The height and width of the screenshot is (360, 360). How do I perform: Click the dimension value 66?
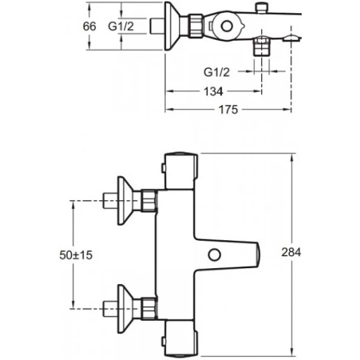(89, 26)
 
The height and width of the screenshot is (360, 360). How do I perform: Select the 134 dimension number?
(214, 91)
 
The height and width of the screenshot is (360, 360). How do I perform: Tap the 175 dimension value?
(228, 110)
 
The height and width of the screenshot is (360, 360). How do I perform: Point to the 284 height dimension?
(291, 252)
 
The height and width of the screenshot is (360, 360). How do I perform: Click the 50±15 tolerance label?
(76, 255)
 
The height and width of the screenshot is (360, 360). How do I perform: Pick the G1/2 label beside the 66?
(121, 26)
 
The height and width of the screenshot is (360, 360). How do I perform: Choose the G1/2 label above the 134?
(217, 72)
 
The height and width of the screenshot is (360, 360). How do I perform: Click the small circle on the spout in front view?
(214, 255)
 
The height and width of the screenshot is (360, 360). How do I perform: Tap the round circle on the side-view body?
(227, 26)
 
